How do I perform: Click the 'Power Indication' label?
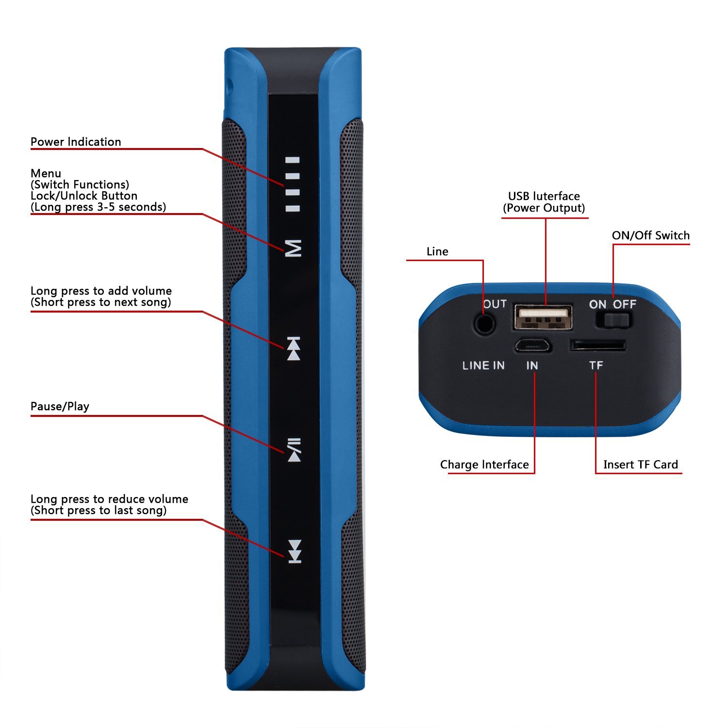pos(76,142)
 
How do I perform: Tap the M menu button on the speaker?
pos(294,248)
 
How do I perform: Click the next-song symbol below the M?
pos(294,348)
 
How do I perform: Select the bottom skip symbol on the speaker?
pos(295,552)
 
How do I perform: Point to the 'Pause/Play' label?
pos(60,406)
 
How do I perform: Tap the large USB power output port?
pos(543,317)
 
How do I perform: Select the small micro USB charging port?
pos(532,346)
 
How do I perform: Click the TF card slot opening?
pos(597,345)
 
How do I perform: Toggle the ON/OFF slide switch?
pos(613,320)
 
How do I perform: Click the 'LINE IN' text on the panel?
pos(483,365)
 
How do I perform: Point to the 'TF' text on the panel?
pos(596,365)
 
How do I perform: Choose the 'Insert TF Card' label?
pos(641,464)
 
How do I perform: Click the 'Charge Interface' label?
pos(484,464)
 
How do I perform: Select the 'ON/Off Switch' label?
pos(651,235)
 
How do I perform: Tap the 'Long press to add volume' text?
pos(101,291)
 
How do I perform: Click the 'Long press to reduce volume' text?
pos(109,499)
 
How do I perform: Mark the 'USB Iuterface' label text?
pos(544,196)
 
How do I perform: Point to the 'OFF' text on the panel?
pos(624,304)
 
